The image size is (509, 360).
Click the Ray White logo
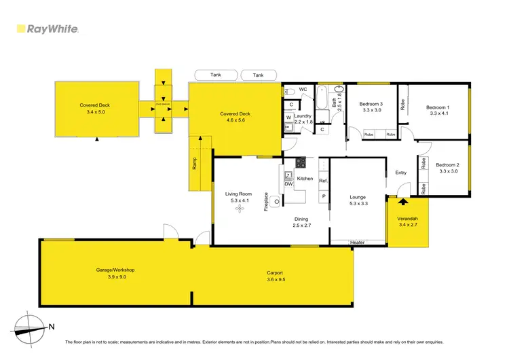[48, 29]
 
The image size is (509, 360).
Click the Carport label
[275, 273]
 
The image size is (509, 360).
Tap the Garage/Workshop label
[115, 270]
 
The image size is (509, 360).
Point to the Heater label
[358, 242]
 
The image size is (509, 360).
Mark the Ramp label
[194, 164]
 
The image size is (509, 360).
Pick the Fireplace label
[267, 202]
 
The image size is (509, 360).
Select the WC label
[303, 90]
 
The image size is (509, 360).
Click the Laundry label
[303, 116]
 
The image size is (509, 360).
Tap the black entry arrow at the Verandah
[403, 201]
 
